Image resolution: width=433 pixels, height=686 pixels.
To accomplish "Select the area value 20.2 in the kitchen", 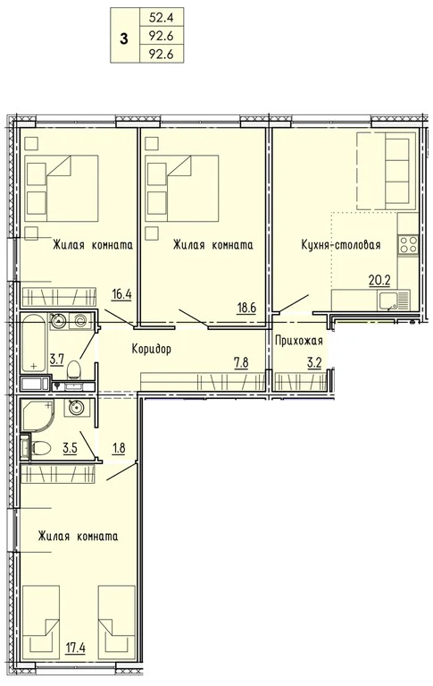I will [380, 279].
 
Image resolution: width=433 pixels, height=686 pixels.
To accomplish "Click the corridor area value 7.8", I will [241, 363].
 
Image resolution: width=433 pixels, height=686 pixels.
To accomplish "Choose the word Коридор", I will [151, 348].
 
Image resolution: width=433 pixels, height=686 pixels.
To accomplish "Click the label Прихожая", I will [300, 341].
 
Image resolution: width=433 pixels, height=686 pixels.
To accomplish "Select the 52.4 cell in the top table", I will [161, 14].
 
